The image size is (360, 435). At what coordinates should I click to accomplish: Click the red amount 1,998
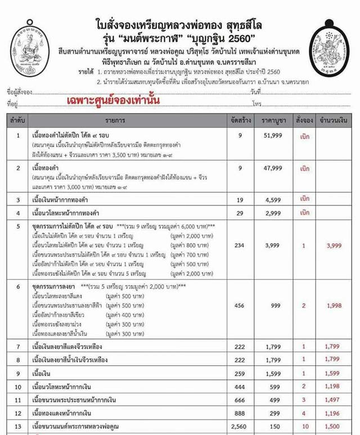click(x=332, y=305)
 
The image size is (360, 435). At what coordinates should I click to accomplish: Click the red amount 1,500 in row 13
click(x=332, y=427)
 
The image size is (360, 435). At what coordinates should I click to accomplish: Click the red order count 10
click(x=304, y=427)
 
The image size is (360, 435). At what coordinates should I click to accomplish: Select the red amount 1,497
click(x=332, y=400)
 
